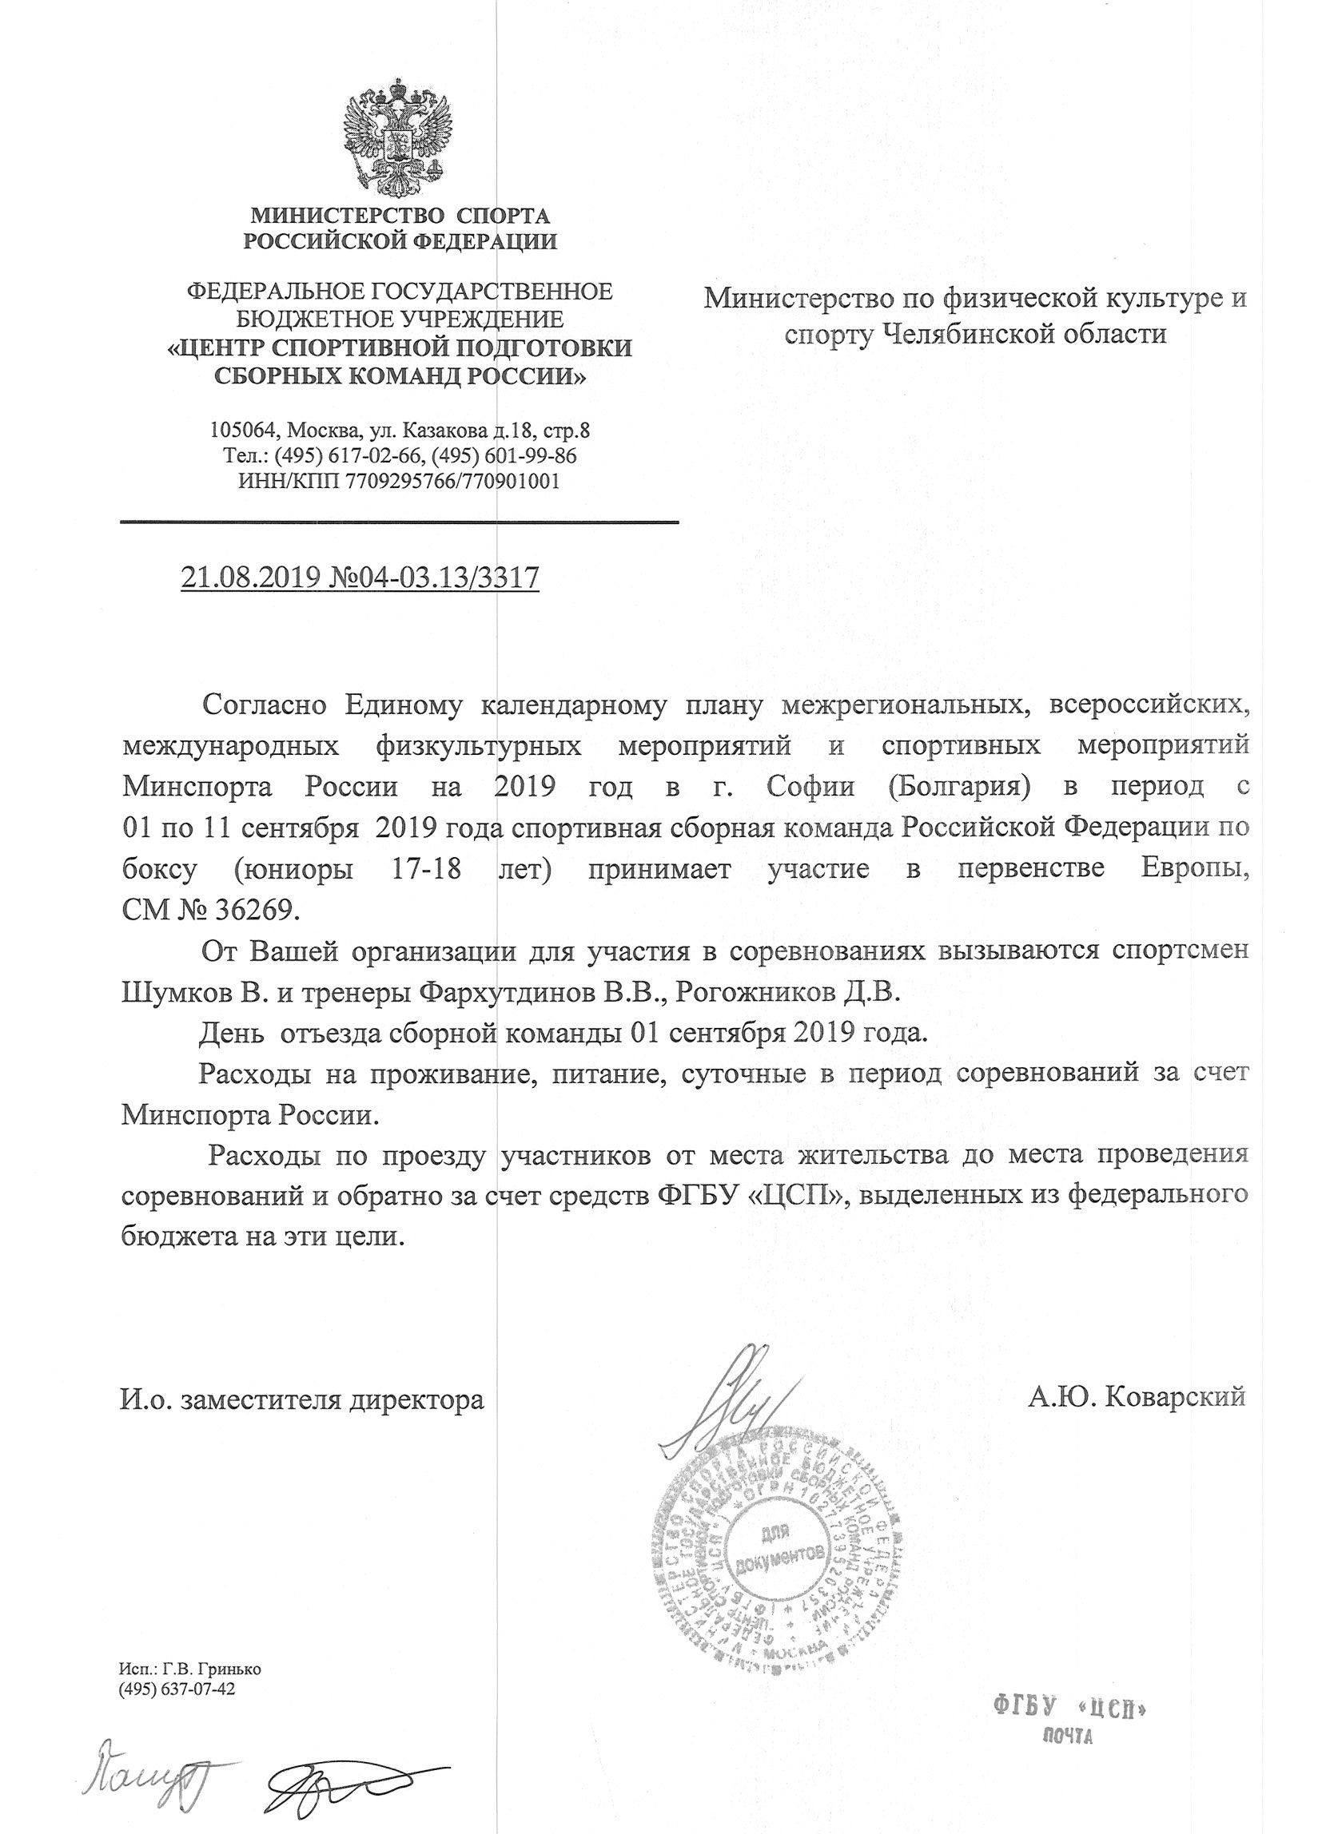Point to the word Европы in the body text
1189,868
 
